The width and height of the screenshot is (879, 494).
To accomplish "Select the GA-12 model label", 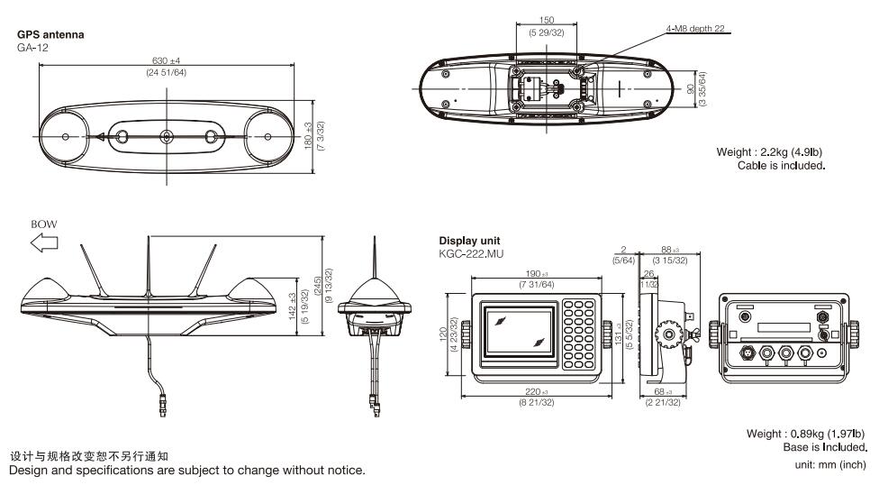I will point(33,45).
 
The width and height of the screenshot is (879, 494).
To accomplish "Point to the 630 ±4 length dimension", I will point(166,62).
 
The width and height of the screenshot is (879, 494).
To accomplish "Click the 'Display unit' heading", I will point(470,242).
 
